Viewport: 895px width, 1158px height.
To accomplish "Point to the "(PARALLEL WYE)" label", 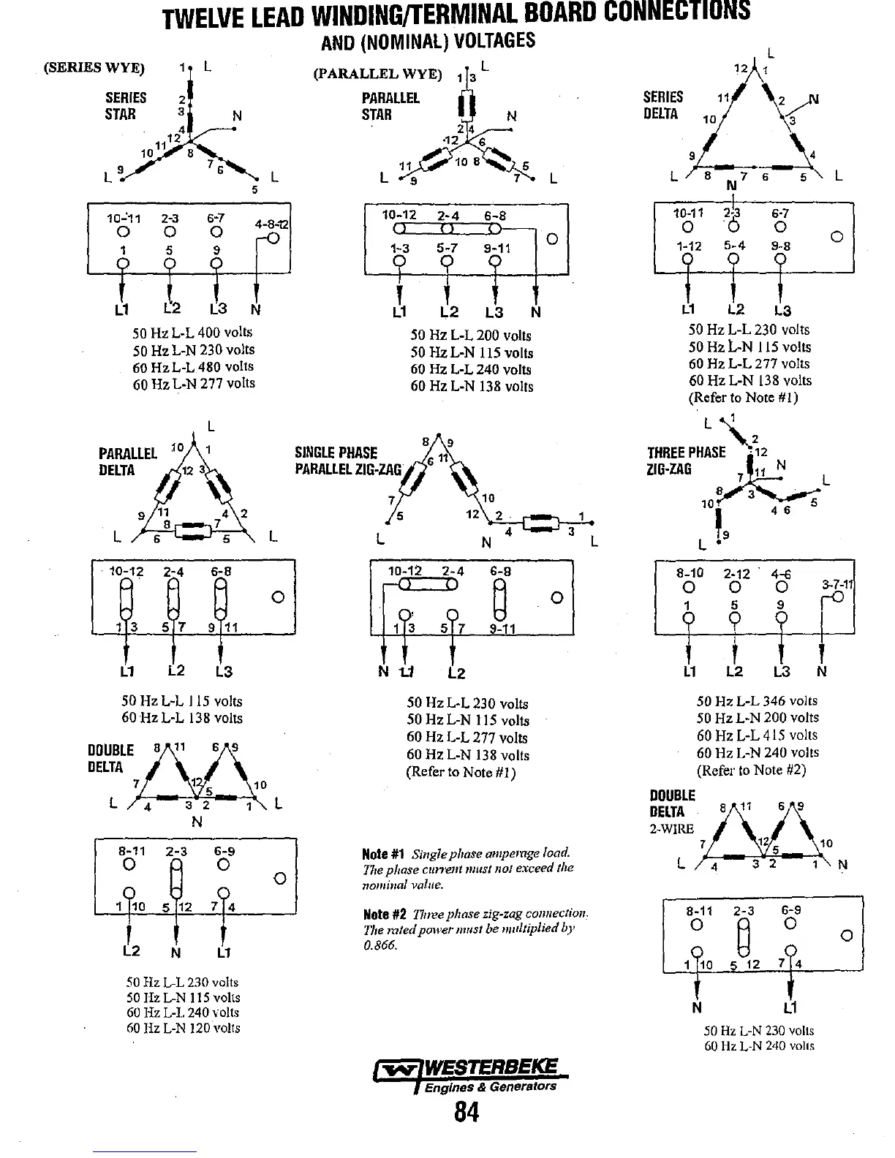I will [x=377, y=74].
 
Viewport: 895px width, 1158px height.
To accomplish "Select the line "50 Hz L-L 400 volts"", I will [x=193, y=333].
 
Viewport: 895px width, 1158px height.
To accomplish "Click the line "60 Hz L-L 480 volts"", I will [x=193, y=366].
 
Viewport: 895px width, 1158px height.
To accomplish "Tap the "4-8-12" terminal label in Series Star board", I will [x=271, y=224].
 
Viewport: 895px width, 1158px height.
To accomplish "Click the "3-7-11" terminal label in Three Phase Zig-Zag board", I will [x=837, y=584].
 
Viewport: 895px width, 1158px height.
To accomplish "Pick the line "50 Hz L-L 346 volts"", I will [x=757, y=700].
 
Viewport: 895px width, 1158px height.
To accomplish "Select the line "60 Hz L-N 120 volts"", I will [x=183, y=1028].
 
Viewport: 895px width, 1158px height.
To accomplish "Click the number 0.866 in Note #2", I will [x=379, y=945].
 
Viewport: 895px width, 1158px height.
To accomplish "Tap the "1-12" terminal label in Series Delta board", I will [x=689, y=246].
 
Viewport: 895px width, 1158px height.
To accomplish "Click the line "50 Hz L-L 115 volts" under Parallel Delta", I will [x=181, y=700].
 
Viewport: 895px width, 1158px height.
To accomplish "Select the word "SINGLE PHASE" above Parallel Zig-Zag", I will [x=336, y=453].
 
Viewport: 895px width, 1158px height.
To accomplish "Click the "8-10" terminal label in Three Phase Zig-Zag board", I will [x=689, y=573].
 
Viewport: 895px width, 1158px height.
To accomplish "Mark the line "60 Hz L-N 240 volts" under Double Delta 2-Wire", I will [x=758, y=1045].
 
